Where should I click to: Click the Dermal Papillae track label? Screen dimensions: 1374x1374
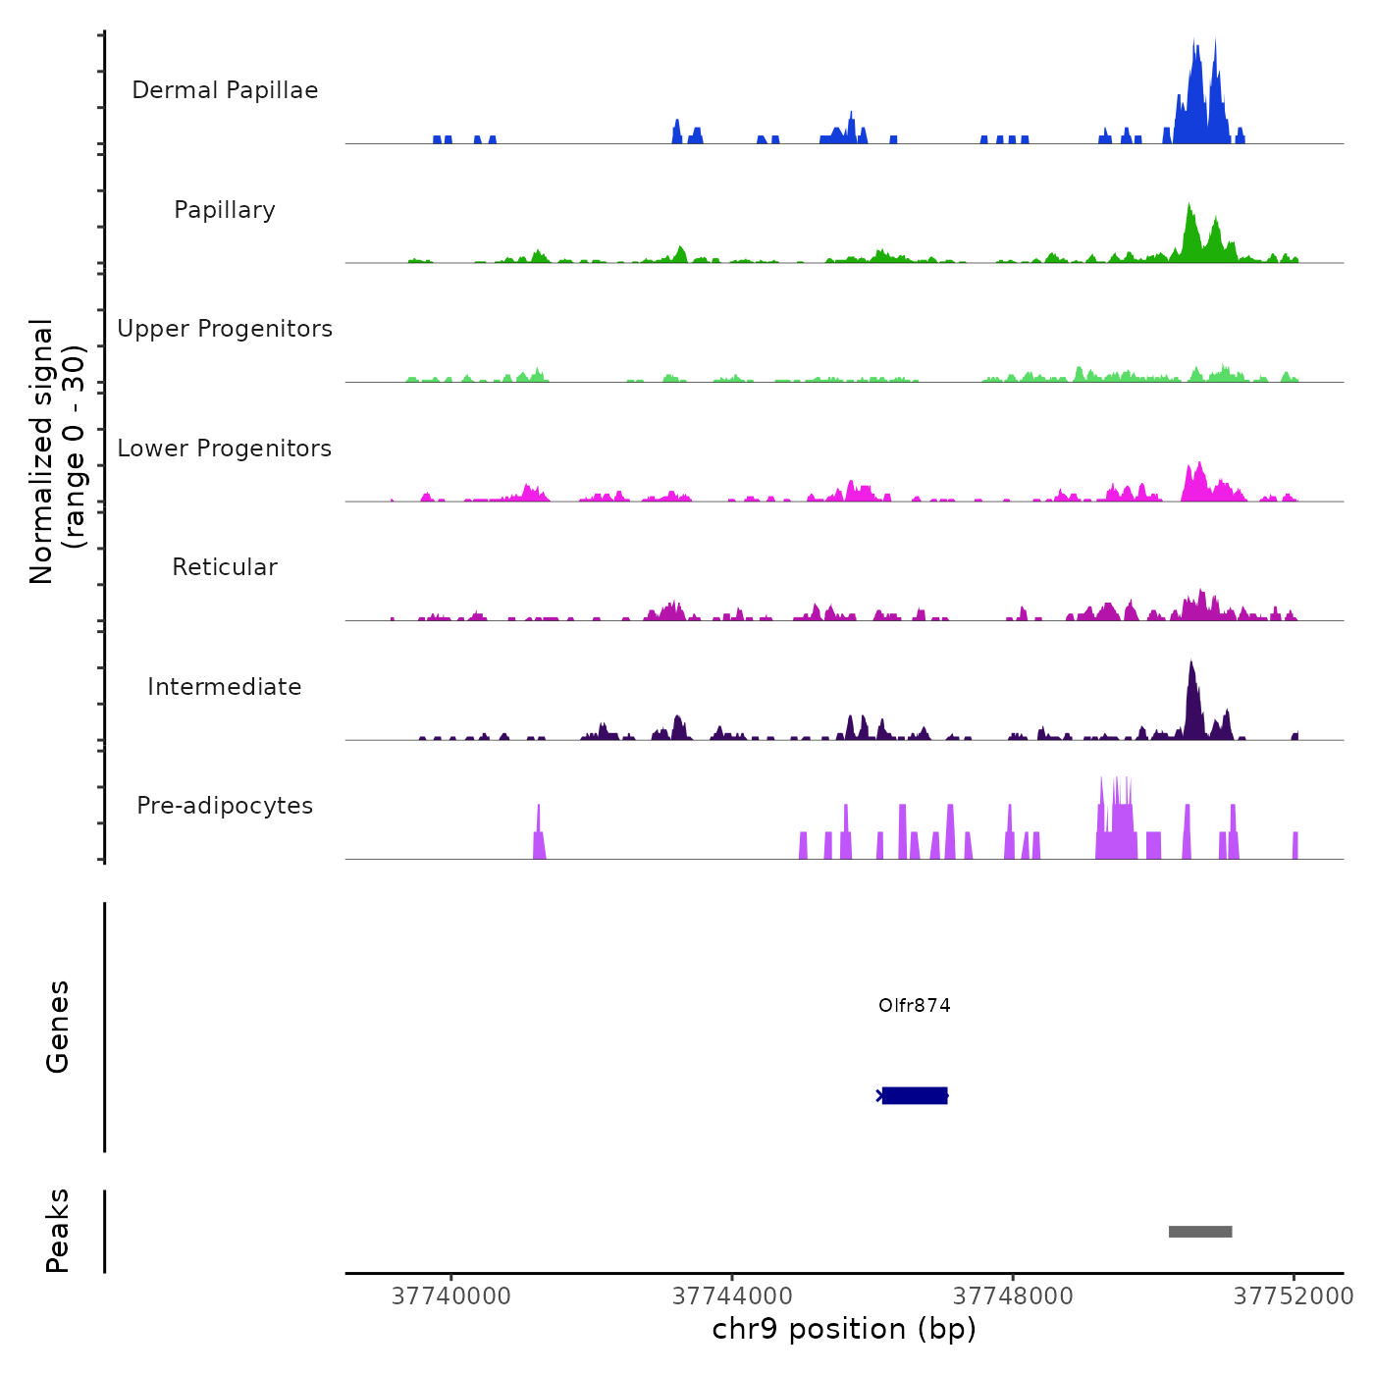(x=225, y=90)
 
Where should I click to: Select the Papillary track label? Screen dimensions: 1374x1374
(x=225, y=210)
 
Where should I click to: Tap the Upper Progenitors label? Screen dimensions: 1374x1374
(x=225, y=329)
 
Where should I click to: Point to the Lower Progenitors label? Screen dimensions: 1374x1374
(x=225, y=449)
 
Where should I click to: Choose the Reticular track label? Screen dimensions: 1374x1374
(x=225, y=567)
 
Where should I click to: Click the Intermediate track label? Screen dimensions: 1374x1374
(x=225, y=687)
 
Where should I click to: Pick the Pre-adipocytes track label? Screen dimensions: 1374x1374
(x=225, y=806)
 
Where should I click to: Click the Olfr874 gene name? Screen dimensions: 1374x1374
(x=914, y=1006)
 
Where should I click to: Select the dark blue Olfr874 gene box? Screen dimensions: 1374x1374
(x=915, y=1095)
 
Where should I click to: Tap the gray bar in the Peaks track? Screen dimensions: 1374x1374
(x=1200, y=1232)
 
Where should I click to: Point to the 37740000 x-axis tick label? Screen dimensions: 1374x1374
(x=451, y=1296)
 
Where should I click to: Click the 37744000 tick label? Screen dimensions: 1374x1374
(x=732, y=1296)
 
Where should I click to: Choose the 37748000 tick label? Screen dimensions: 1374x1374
(x=1013, y=1296)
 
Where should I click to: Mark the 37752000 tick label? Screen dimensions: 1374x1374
(x=1294, y=1296)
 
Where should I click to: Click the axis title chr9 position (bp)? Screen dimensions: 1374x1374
(x=844, y=1329)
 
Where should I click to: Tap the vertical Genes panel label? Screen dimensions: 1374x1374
(x=58, y=1027)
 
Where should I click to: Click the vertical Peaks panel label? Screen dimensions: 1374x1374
(x=58, y=1231)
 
